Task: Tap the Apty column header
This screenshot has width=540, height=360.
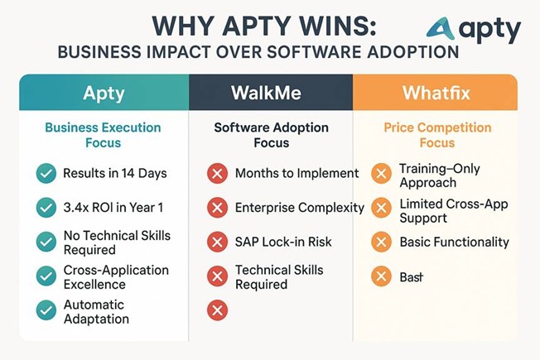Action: [104, 92]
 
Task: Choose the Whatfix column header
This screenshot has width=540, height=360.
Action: [436, 92]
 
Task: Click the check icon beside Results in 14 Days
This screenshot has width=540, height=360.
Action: [46, 173]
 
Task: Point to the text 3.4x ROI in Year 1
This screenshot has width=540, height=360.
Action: [113, 208]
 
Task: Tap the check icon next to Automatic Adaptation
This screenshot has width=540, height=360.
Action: [46, 310]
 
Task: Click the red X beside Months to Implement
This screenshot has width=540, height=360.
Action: [217, 173]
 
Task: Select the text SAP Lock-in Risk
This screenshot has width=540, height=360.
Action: [283, 242]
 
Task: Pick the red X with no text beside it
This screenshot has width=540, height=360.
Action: [217, 310]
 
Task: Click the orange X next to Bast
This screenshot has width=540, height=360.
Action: [381, 276]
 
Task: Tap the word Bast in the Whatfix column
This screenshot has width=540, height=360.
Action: [411, 276]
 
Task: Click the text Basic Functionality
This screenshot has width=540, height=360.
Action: [454, 242]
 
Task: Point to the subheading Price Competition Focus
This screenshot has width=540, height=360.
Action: [437, 135]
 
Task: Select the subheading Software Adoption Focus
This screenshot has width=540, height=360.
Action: [272, 135]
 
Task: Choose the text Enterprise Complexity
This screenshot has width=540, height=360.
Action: [300, 208]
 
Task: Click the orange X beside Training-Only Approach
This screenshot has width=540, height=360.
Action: [381, 173]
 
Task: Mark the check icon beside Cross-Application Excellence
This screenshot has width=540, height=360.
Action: [46, 276]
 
